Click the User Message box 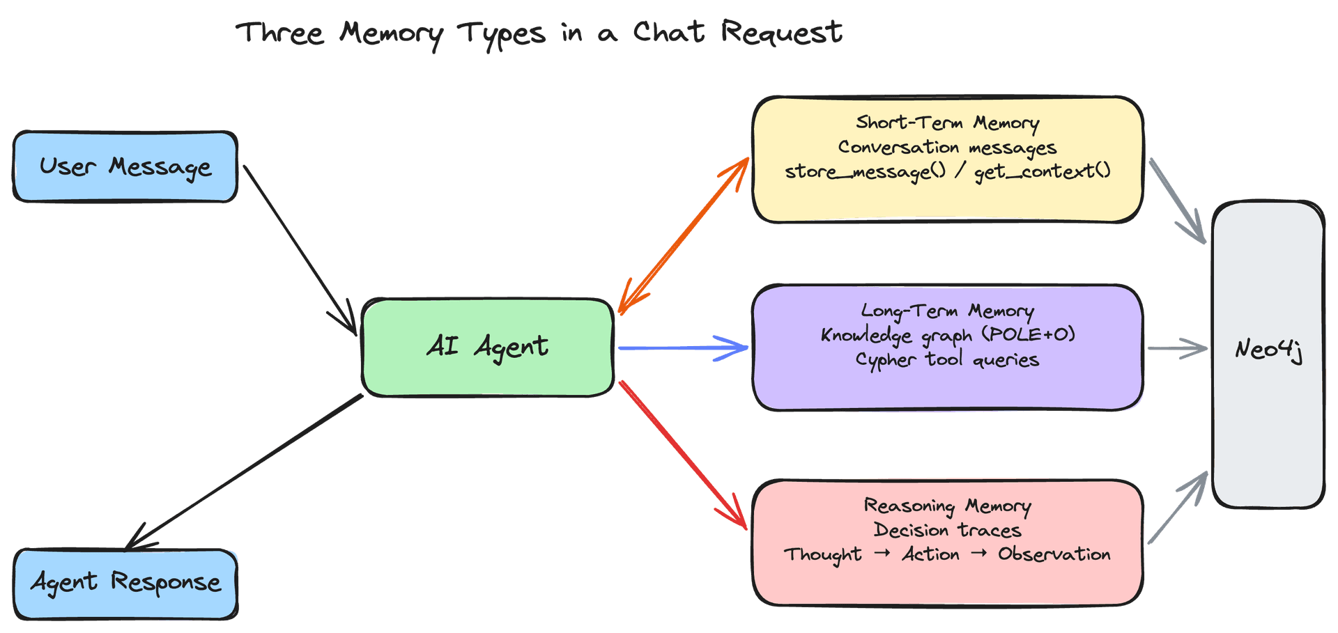[x=125, y=167]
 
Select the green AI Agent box [x=488, y=347]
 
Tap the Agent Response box [x=125, y=584]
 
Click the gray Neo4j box [x=1268, y=354]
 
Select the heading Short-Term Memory [x=948, y=123]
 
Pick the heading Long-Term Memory [x=948, y=311]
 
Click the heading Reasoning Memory [x=948, y=506]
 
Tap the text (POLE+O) [x=1029, y=335]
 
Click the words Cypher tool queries [x=948, y=360]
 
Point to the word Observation [x=1054, y=554]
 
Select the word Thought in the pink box [x=823, y=555]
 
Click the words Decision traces [x=948, y=531]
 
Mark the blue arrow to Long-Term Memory [x=683, y=347]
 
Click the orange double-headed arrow [x=684, y=235]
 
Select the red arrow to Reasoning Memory [x=683, y=455]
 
